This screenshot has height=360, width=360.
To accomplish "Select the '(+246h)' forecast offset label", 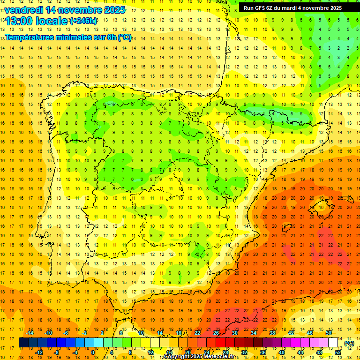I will tap(83, 21).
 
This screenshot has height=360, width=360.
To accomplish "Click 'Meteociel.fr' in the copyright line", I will tap(219, 357).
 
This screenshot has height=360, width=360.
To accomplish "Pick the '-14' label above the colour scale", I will tap(30, 333).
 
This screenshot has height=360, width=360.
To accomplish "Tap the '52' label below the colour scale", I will tap(338, 352).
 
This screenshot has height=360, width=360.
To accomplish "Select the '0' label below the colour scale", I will tap(93, 352).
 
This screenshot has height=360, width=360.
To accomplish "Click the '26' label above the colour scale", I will tap(217, 333).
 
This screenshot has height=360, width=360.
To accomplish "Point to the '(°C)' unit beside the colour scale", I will tap(349, 343).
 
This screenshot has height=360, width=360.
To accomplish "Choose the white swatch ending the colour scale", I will tap(333, 343).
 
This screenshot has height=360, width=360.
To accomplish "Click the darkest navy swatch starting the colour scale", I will tap(23, 343).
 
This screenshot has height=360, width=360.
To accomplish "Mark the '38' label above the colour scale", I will tap(272, 333).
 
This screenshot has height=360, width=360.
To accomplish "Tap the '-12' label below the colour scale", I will tap(39, 352).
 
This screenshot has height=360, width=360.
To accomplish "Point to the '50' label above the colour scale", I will tap(329, 333).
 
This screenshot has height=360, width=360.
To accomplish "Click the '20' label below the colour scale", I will tap(188, 352).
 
